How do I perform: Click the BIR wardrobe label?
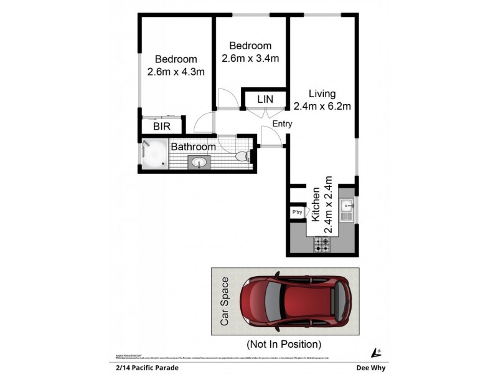pyautogui.click(x=161, y=127)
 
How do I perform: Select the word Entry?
pyautogui.click(x=282, y=124)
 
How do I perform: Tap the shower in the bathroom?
pyautogui.click(x=153, y=156)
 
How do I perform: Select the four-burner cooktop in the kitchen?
pyautogui.click(x=322, y=244)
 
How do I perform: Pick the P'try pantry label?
pyautogui.click(x=298, y=213)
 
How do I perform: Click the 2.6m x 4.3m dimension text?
pyautogui.click(x=176, y=72)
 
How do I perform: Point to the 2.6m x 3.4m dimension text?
pyautogui.click(x=250, y=58)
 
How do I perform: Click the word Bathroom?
pyautogui.click(x=194, y=147)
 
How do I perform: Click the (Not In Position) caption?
pyautogui.click(x=284, y=343)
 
